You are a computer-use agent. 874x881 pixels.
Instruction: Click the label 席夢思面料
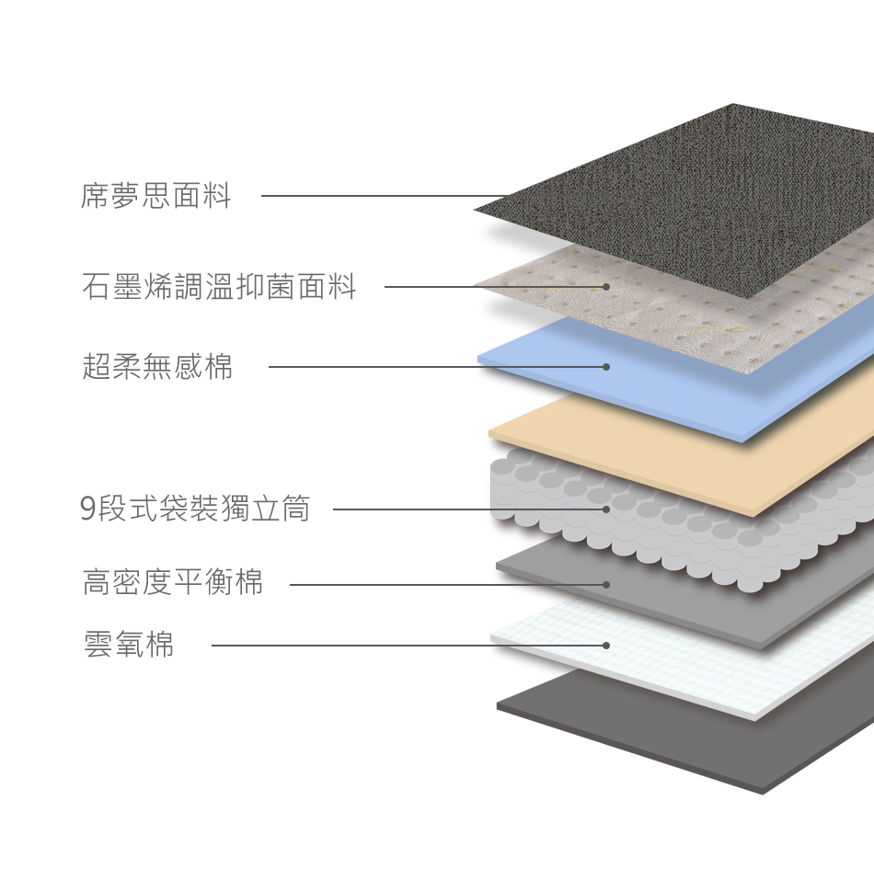[x=155, y=196]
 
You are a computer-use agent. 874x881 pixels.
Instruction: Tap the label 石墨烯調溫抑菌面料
[x=219, y=287]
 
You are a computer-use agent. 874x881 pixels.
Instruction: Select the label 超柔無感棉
[x=157, y=367]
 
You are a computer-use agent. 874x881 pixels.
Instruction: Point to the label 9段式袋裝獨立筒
[x=195, y=509]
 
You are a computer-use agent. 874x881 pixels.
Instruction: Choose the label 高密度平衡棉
[x=173, y=583]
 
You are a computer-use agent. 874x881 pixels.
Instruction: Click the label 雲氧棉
[x=129, y=645]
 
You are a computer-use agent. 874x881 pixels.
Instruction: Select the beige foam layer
[x=699, y=451]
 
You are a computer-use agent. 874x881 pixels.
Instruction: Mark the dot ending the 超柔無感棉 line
[x=606, y=367]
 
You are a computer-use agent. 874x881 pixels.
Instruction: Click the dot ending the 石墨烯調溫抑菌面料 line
[x=606, y=287]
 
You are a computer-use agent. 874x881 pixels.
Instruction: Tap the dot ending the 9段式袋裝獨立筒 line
[x=606, y=509]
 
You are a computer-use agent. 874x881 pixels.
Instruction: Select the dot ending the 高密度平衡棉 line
[x=606, y=584]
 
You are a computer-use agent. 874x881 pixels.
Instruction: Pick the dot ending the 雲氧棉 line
[x=606, y=646]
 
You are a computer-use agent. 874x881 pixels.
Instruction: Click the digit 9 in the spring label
[x=88, y=509]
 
